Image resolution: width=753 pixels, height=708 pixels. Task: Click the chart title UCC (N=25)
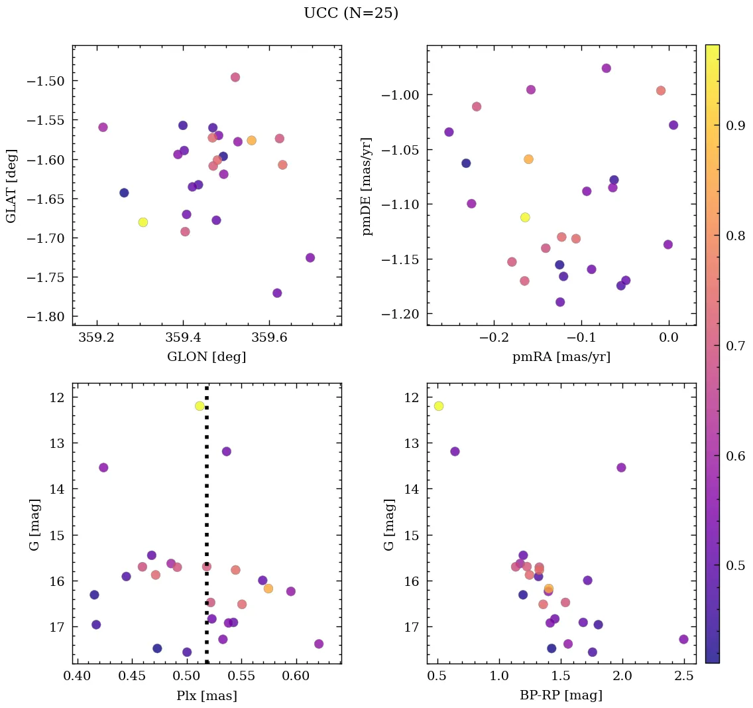tap(351, 13)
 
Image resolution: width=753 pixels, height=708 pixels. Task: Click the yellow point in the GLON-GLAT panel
tap(143, 222)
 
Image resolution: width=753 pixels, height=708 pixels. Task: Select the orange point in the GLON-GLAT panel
tap(251, 141)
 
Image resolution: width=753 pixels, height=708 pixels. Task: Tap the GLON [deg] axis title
tap(207, 357)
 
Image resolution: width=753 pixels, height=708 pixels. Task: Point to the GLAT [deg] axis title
tap(11, 186)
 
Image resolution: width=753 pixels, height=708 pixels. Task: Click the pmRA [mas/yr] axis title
tap(561, 357)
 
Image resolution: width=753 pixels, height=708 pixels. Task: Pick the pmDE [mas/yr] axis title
tap(367, 186)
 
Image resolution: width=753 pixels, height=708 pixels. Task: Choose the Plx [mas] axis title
tap(207, 695)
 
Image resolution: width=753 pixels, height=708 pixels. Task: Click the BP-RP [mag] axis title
tap(561, 695)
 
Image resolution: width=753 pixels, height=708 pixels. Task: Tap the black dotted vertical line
tap(207, 518)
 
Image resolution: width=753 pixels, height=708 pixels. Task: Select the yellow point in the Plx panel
tap(200, 406)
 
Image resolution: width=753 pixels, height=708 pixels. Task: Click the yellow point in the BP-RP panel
tap(438, 406)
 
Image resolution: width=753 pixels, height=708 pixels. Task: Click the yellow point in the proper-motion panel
tap(525, 217)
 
